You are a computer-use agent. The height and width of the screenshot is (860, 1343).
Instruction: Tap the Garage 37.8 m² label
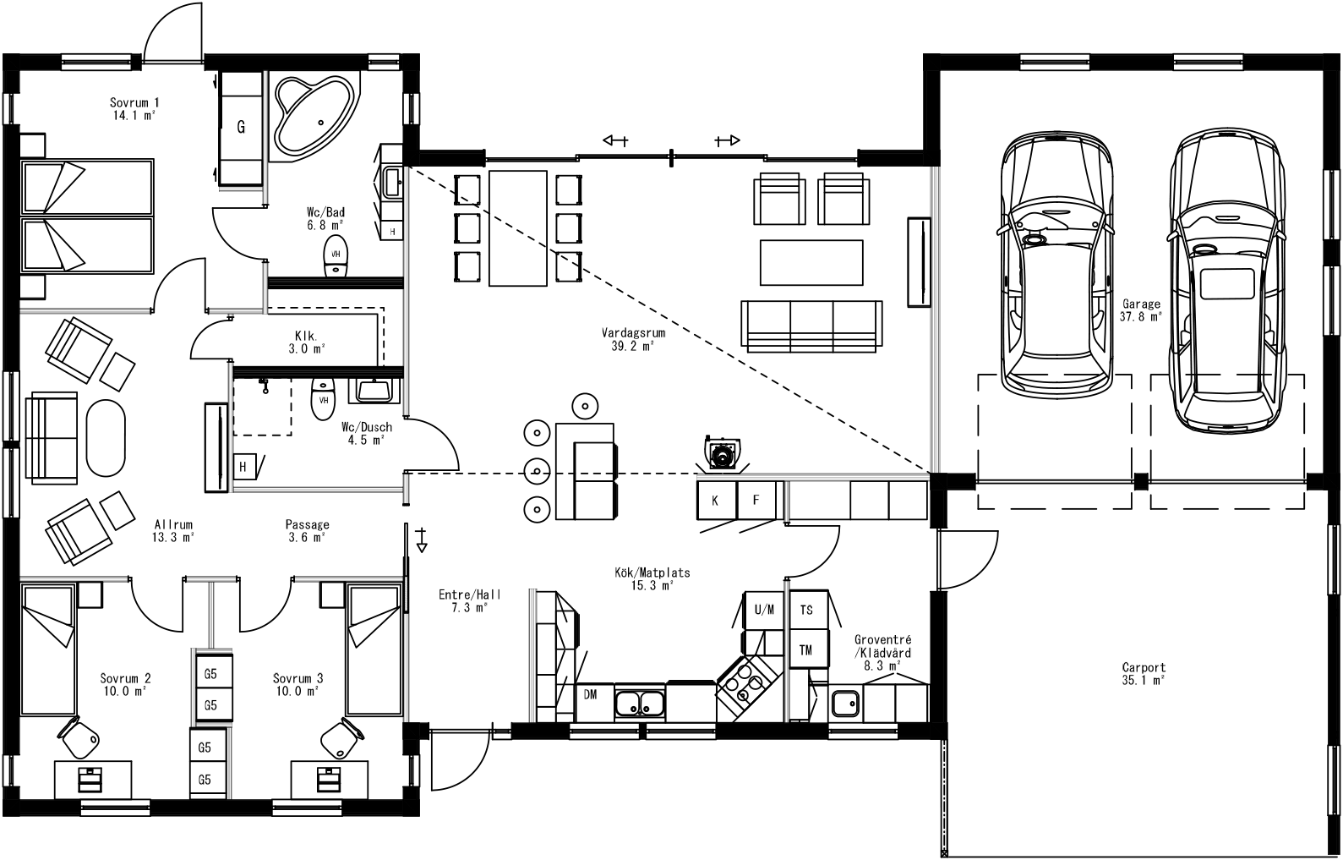[x=1141, y=310]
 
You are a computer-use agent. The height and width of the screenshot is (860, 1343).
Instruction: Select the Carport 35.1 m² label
[x=1144, y=673]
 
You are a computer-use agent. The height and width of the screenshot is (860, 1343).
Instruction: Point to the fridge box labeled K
[x=716, y=501]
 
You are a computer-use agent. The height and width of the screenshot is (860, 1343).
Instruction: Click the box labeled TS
[x=806, y=609]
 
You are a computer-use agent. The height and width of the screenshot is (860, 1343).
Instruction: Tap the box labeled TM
[x=806, y=649]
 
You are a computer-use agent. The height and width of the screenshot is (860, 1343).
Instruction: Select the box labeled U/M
[x=763, y=609]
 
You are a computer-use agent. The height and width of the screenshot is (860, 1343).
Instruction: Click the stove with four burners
[x=745, y=683]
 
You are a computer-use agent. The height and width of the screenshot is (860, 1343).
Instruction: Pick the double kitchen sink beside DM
[x=640, y=702]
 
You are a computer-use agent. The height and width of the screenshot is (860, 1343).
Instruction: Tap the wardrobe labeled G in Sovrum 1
[x=242, y=128]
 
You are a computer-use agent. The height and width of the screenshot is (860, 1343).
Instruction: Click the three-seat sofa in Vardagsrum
[x=811, y=325]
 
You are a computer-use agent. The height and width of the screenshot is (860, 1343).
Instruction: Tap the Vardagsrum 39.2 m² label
[x=633, y=339]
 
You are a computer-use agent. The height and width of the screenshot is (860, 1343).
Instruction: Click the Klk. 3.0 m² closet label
[x=305, y=340]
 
